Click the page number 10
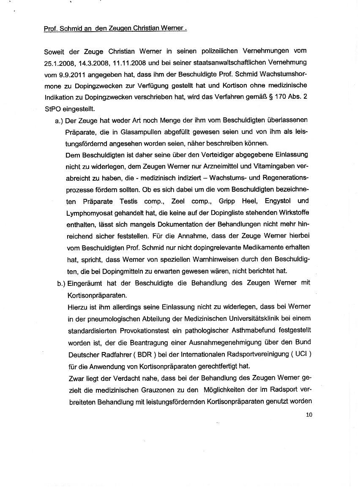click(x=309, y=415)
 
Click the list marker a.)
click(x=60, y=121)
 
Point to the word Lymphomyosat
click(x=89, y=212)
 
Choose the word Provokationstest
click(x=134, y=330)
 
